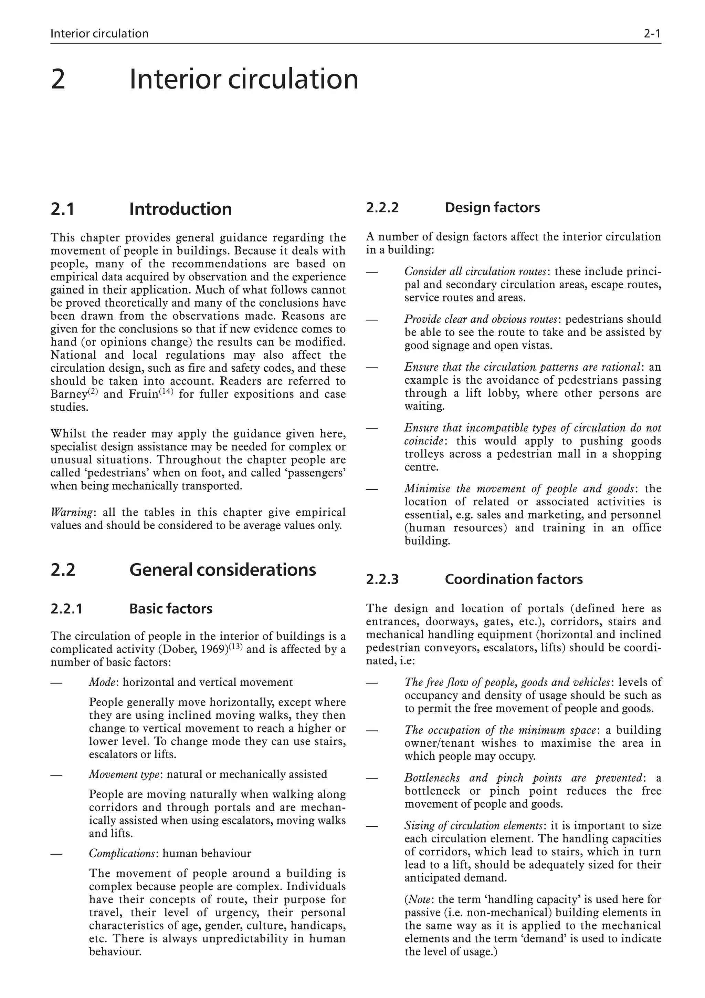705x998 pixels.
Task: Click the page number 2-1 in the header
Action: pyautogui.click(x=652, y=33)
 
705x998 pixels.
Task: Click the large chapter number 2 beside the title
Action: pyautogui.click(x=58, y=80)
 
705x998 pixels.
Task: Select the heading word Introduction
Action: pyautogui.click(x=180, y=209)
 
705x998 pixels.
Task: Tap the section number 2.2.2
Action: pyautogui.click(x=382, y=208)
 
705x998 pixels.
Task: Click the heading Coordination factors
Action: pyautogui.click(x=514, y=579)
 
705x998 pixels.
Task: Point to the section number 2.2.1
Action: pyautogui.click(x=66, y=608)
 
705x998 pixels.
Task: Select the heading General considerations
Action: pyautogui.click(x=222, y=570)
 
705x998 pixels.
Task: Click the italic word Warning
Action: pyautogui.click(x=71, y=513)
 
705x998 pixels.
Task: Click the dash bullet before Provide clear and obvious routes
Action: pyautogui.click(x=372, y=319)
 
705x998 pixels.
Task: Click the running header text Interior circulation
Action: pyautogui.click(x=99, y=33)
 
